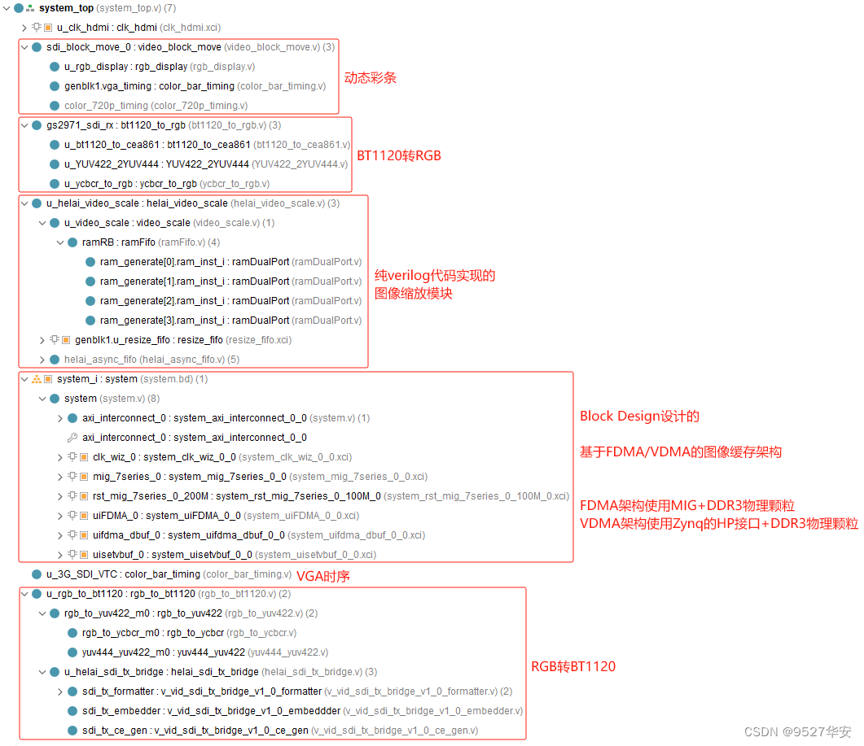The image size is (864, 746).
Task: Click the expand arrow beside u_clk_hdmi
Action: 24,28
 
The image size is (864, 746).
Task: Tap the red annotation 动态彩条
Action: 370,78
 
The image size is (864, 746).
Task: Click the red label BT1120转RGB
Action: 399,155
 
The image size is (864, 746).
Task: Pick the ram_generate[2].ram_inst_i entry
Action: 194,301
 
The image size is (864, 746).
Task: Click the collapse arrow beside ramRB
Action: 60,242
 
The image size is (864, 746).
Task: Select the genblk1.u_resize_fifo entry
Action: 148,340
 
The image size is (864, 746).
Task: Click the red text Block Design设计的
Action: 639,417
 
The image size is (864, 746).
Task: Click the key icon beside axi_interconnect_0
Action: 72,438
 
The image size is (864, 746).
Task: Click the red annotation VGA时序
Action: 322,576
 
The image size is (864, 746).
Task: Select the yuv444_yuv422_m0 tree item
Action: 163,652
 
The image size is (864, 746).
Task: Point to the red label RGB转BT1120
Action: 573,667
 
